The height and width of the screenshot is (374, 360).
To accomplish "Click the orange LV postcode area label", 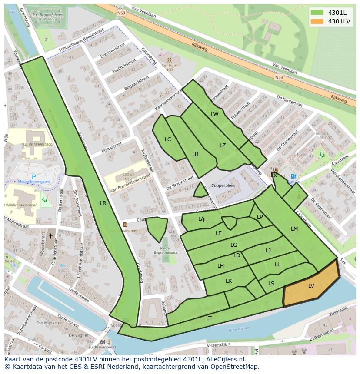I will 311,285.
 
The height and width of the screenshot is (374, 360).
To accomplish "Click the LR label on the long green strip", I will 103,203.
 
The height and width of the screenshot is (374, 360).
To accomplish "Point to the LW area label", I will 214,114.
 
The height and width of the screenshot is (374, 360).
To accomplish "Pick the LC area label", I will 168,139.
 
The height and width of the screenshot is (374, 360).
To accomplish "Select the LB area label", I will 195,154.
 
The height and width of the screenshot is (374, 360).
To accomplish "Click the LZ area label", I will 223,146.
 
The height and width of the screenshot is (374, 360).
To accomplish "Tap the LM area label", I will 294,229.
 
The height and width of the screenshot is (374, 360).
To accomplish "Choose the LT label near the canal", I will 209,318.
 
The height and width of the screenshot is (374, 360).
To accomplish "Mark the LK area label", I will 229,281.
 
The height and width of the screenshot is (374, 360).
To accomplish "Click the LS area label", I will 271,284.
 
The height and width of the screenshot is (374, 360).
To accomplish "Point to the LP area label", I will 260,217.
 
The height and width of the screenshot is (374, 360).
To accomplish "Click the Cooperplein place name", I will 223,185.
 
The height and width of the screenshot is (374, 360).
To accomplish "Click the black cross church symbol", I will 50,236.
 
